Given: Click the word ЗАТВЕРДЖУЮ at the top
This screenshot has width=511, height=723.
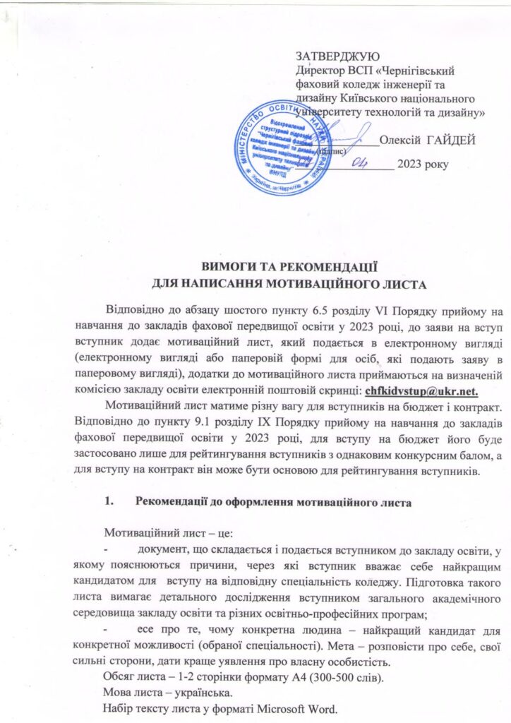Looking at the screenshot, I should pos(337,56).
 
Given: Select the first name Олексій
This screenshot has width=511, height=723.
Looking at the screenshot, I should pos(400,139).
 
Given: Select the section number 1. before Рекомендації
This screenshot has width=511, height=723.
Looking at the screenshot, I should pos(108,503).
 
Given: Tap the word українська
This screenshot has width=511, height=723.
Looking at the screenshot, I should pos(194,694).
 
